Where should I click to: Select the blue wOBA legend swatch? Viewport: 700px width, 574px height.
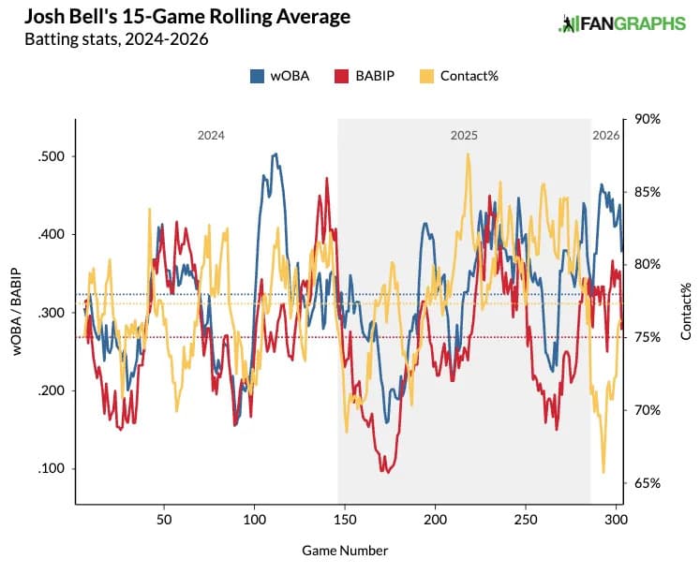(x=258, y=76)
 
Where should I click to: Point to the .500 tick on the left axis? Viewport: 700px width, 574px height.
(x=51, y=156)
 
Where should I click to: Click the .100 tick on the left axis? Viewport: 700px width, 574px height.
(x=51, y=468)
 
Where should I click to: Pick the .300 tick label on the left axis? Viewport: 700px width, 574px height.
(x=51, y=313)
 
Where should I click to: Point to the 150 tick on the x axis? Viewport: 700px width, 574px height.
(x=345, y=518)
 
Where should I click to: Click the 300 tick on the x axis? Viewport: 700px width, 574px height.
(x=617, y=518)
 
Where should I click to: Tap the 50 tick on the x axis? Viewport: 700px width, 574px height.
(x=164, y=518)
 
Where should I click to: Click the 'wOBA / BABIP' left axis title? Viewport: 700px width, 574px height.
(x=17, y=313)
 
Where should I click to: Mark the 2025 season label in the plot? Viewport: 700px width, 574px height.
(x=464, y=136)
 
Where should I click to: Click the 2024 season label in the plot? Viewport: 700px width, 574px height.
(x=210, y=136)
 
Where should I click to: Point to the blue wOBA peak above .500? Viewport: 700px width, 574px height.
(x=275, y=154)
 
